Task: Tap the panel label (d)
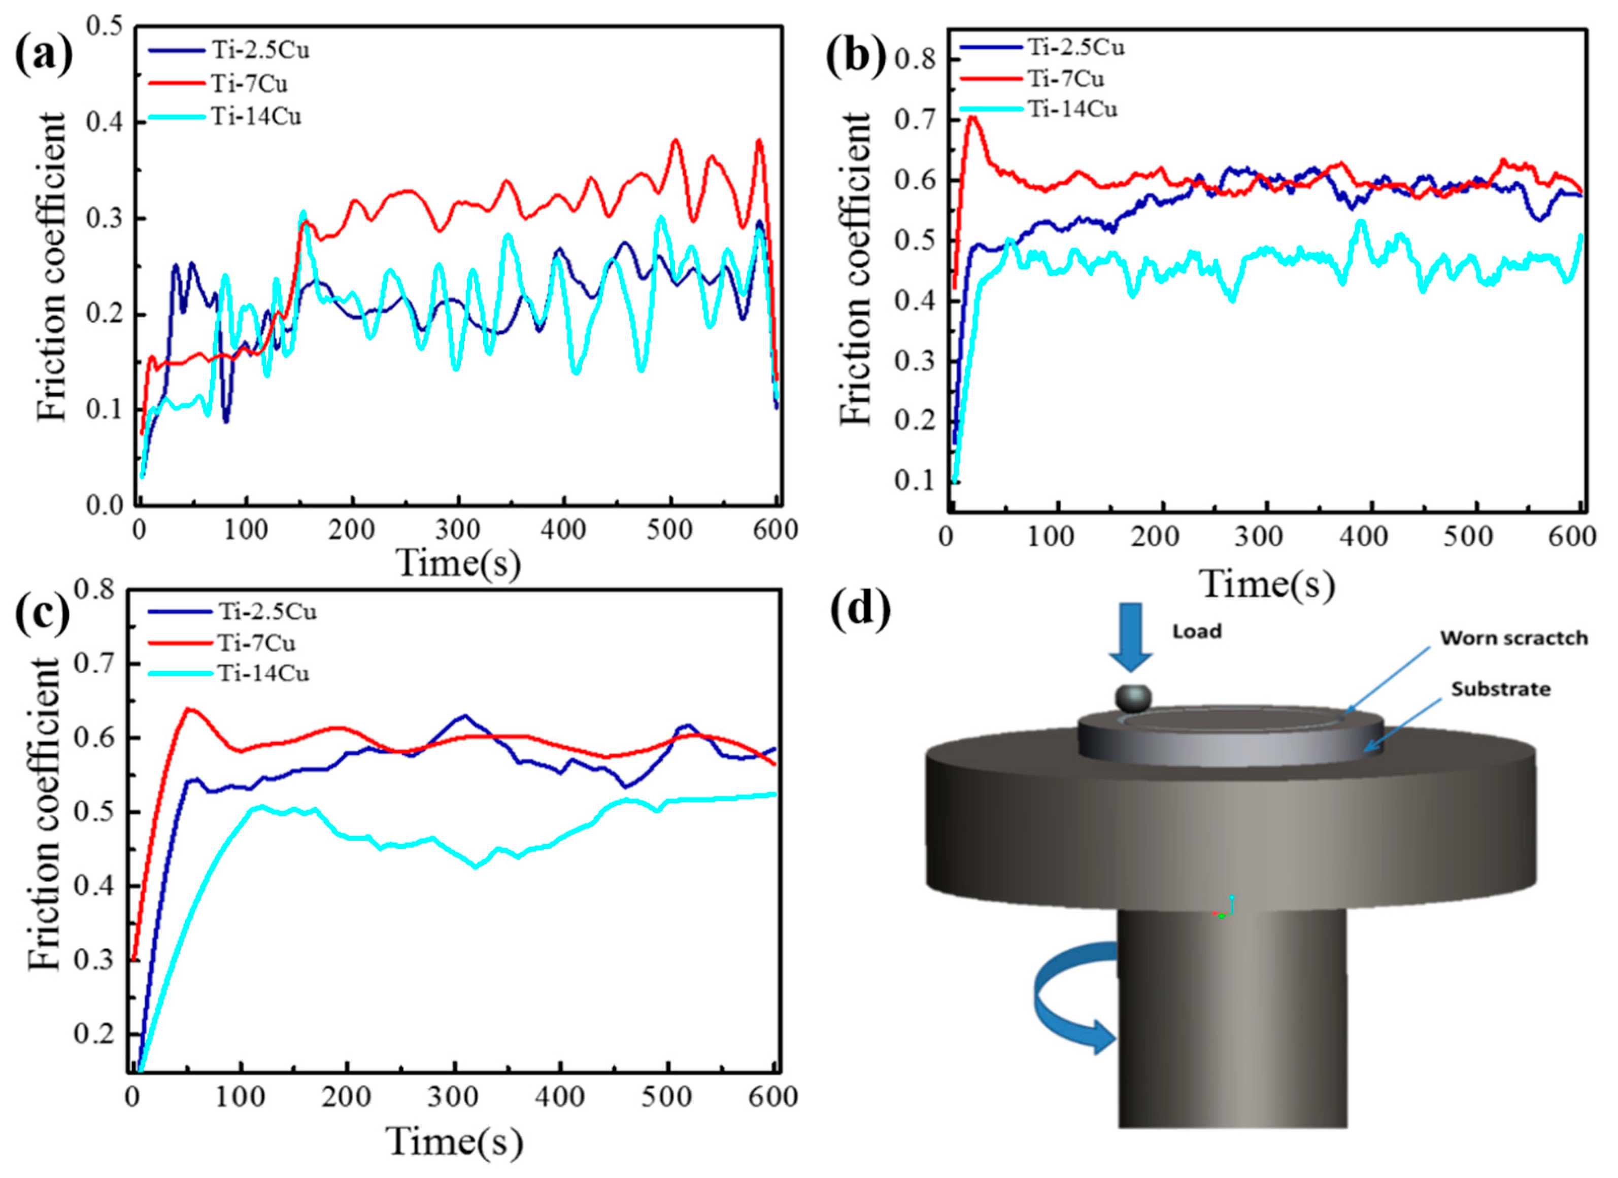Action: tap(862, 610)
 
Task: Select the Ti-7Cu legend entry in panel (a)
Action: tap(218, 83)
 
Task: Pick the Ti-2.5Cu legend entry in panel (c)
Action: tap(232, 611)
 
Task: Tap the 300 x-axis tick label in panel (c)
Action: tap(454, 1096)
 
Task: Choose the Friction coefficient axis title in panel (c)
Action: tap(44, 814)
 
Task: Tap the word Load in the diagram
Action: tap(1198, 631)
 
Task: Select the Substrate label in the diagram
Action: tap(1501, 689)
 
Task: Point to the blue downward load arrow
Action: tap(1131, 637)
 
